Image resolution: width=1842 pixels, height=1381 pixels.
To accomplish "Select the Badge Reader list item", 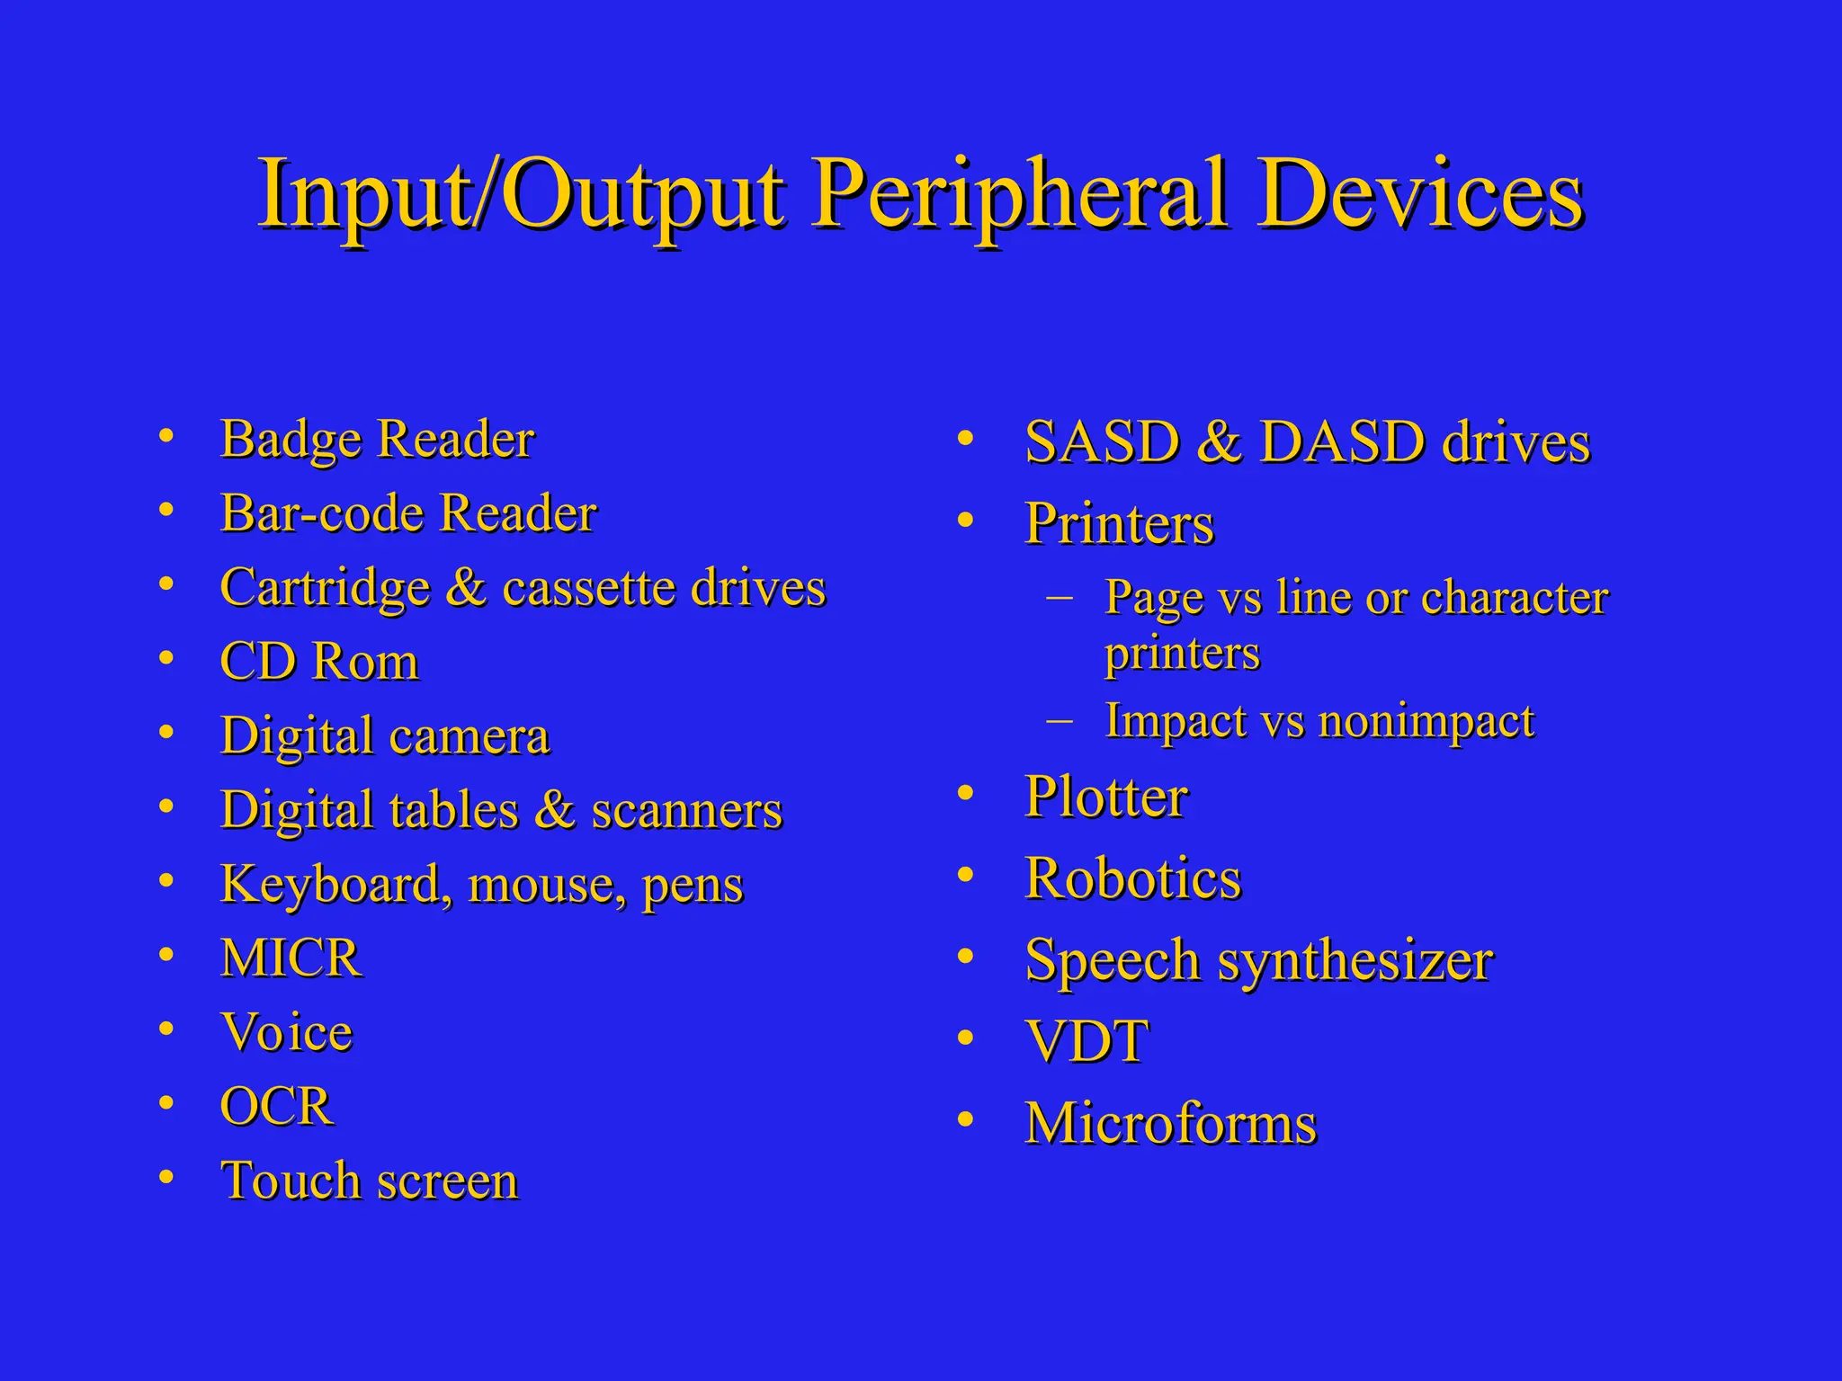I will point(377,440).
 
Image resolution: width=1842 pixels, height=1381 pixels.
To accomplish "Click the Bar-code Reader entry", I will point(408,513).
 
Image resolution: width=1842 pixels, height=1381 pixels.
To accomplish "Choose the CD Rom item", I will point(319,662).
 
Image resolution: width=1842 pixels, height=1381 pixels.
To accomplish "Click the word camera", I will point(469,736).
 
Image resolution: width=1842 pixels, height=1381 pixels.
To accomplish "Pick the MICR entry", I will point(291,958).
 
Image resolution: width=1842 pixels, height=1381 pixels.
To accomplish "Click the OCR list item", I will point(276,1106).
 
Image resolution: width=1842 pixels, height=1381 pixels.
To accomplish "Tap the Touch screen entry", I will point(369,1181).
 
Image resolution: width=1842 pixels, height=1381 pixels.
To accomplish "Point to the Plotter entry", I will point(1106,797).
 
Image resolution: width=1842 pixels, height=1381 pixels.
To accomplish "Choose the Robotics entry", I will point(1132,878).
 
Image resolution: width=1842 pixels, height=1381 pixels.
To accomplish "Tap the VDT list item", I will point(1086,1042).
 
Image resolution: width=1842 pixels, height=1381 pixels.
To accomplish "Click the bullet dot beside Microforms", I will point(965,1120).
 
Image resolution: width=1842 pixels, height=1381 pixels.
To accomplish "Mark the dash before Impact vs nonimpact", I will point(1060,719).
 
